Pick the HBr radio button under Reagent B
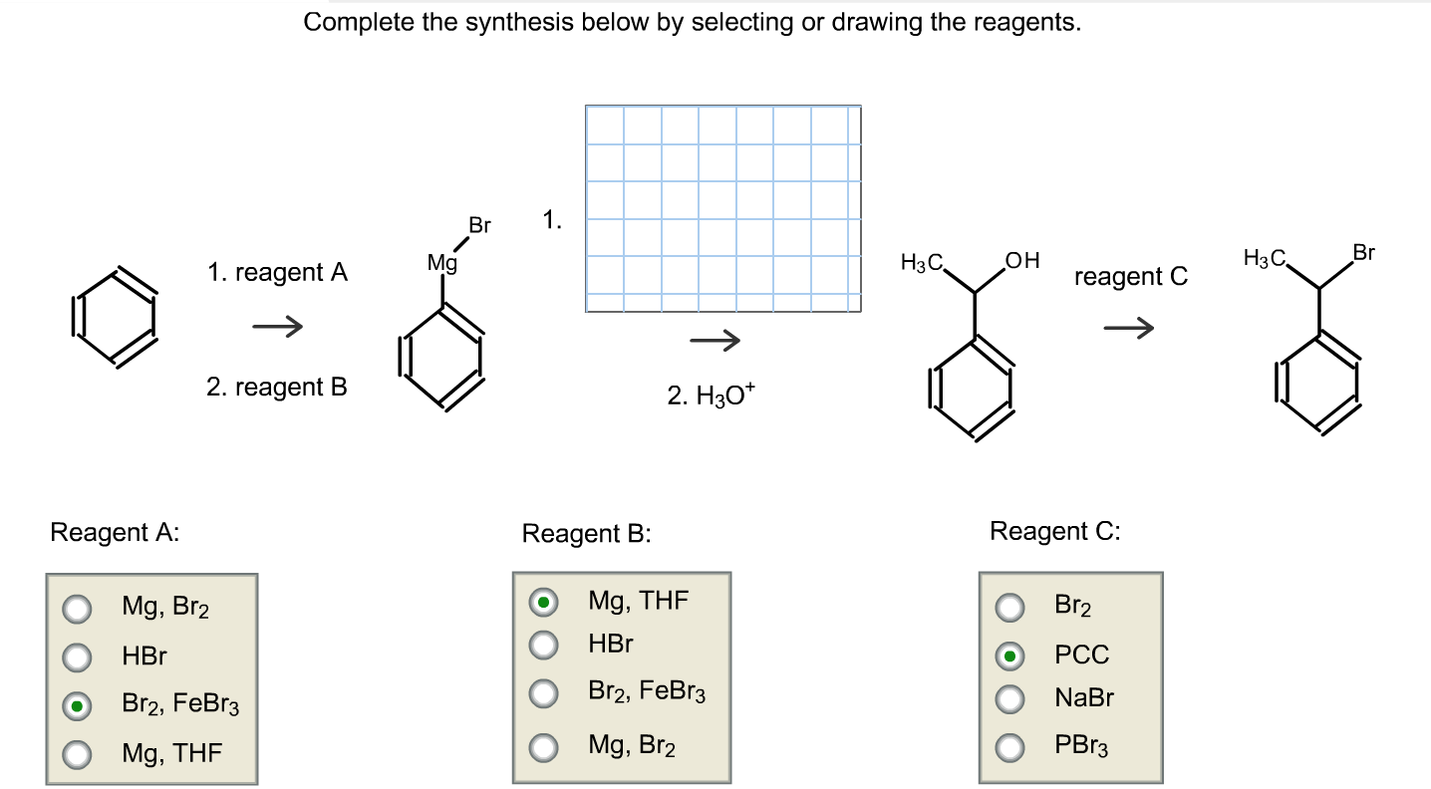point(543,646)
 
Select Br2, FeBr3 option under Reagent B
point(543,693)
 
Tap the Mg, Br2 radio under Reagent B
point(543,746)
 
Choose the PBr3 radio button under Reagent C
point(1010,746)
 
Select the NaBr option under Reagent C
point(1010,699)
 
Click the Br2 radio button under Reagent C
point(1010,606)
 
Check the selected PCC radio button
point(1010,656)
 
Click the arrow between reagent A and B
point(277,327)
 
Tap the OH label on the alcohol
point(1022,262)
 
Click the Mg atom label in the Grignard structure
point(441,264)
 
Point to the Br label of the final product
point(1363,253)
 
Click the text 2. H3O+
point(712,396)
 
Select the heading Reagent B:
point(586,534)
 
